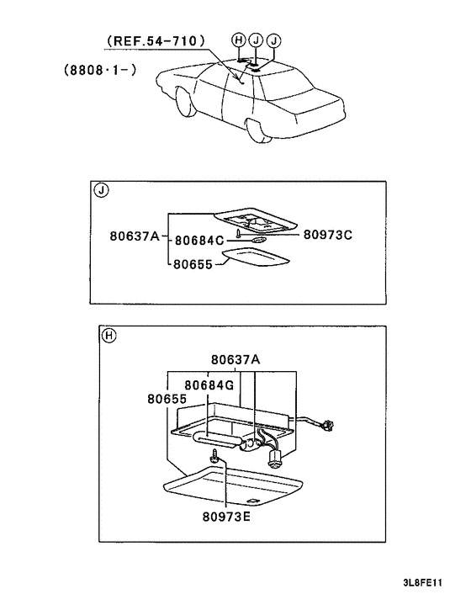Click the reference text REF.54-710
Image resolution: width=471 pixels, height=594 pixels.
click(x=156, y=40)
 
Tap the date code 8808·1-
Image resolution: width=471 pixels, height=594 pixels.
click(x=100, y=70)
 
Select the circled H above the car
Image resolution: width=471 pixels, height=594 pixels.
click(x=239, y=40)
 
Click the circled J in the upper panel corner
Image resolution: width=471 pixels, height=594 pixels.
click(x=101, y=190)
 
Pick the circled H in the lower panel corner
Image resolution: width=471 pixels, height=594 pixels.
click(x=109, y=336)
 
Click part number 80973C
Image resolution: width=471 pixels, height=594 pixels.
click(x=328, y=235)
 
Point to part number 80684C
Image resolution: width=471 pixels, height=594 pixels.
click(x=199, y=241)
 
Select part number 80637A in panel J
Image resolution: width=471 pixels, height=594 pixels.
click(x=135, y=236)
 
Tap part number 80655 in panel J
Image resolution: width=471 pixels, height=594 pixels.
click(x=193, y=264)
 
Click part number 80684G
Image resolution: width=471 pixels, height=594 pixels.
click(x=209, y=385)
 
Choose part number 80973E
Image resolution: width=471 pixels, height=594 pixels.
click(x=226, y=517)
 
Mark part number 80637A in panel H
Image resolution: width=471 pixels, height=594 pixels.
click(x=235, y=359)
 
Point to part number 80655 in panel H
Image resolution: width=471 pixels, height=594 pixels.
click(x=167, y=399)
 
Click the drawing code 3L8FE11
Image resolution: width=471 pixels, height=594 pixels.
click(x=423, y=582)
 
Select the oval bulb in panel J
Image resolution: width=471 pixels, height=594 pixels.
click(x=257, y=241)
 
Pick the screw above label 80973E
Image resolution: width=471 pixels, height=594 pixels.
click(x=214, y=455)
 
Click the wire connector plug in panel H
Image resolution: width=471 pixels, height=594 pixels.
click(x=328, y=425)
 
